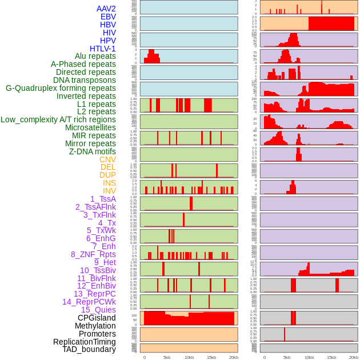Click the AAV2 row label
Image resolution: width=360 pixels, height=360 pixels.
[x=106, y=9]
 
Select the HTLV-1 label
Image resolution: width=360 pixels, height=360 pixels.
[x=102, y=49]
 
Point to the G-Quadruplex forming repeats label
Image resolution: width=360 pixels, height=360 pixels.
[x=61, y=88]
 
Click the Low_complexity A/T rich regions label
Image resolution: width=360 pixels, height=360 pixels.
[x=58, y=119]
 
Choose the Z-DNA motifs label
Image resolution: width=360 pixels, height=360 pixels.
[x=92, y=151]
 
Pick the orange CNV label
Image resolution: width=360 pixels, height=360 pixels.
[x=107, y=159]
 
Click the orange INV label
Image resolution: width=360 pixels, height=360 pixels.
[x=109, y=191]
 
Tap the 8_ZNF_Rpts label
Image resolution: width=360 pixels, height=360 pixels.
[x=93, y=254]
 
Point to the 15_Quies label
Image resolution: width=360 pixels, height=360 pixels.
[x=98, y=310]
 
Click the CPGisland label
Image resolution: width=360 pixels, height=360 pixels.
[x=97, y=318]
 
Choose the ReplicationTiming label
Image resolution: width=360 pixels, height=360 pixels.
[x=84, y=342]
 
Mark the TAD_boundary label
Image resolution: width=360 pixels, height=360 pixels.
[x=89, y=349]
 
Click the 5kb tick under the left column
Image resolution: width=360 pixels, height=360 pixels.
[x=167, y=357]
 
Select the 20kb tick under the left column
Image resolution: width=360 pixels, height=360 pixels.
[x=234, y=357]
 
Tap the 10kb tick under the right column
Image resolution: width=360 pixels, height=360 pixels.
[x=309, y=357]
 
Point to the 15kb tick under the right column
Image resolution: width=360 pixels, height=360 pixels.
[x=331, y=357]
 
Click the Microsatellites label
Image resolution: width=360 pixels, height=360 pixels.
[x=90, y=127]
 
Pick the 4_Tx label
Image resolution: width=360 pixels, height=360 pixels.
[x=107, y=223]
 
